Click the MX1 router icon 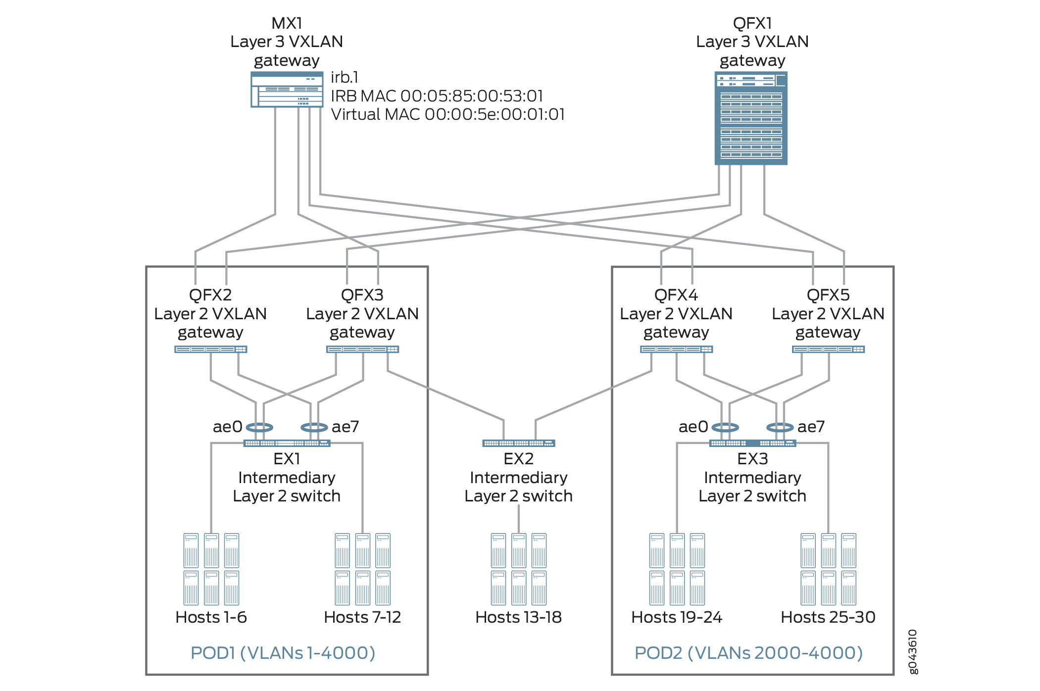(287, 90)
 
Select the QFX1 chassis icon (751, 118)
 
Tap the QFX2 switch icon (211, 349)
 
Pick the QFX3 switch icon (362, 349)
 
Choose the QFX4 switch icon (676, 349)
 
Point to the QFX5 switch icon (828, 349)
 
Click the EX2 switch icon (519, 443)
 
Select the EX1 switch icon (287, 443)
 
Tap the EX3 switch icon (752, 443)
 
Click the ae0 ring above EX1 (259, 427)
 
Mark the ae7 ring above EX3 (780, 427)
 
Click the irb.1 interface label (345, 77)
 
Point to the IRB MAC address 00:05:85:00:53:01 (471, 96)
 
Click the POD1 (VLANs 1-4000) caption (283, 653)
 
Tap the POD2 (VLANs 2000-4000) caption (748, 653)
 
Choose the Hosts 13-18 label (518, 617)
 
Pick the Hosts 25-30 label (828, 617)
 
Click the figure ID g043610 (913, 651)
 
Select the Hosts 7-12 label (362, 617)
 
